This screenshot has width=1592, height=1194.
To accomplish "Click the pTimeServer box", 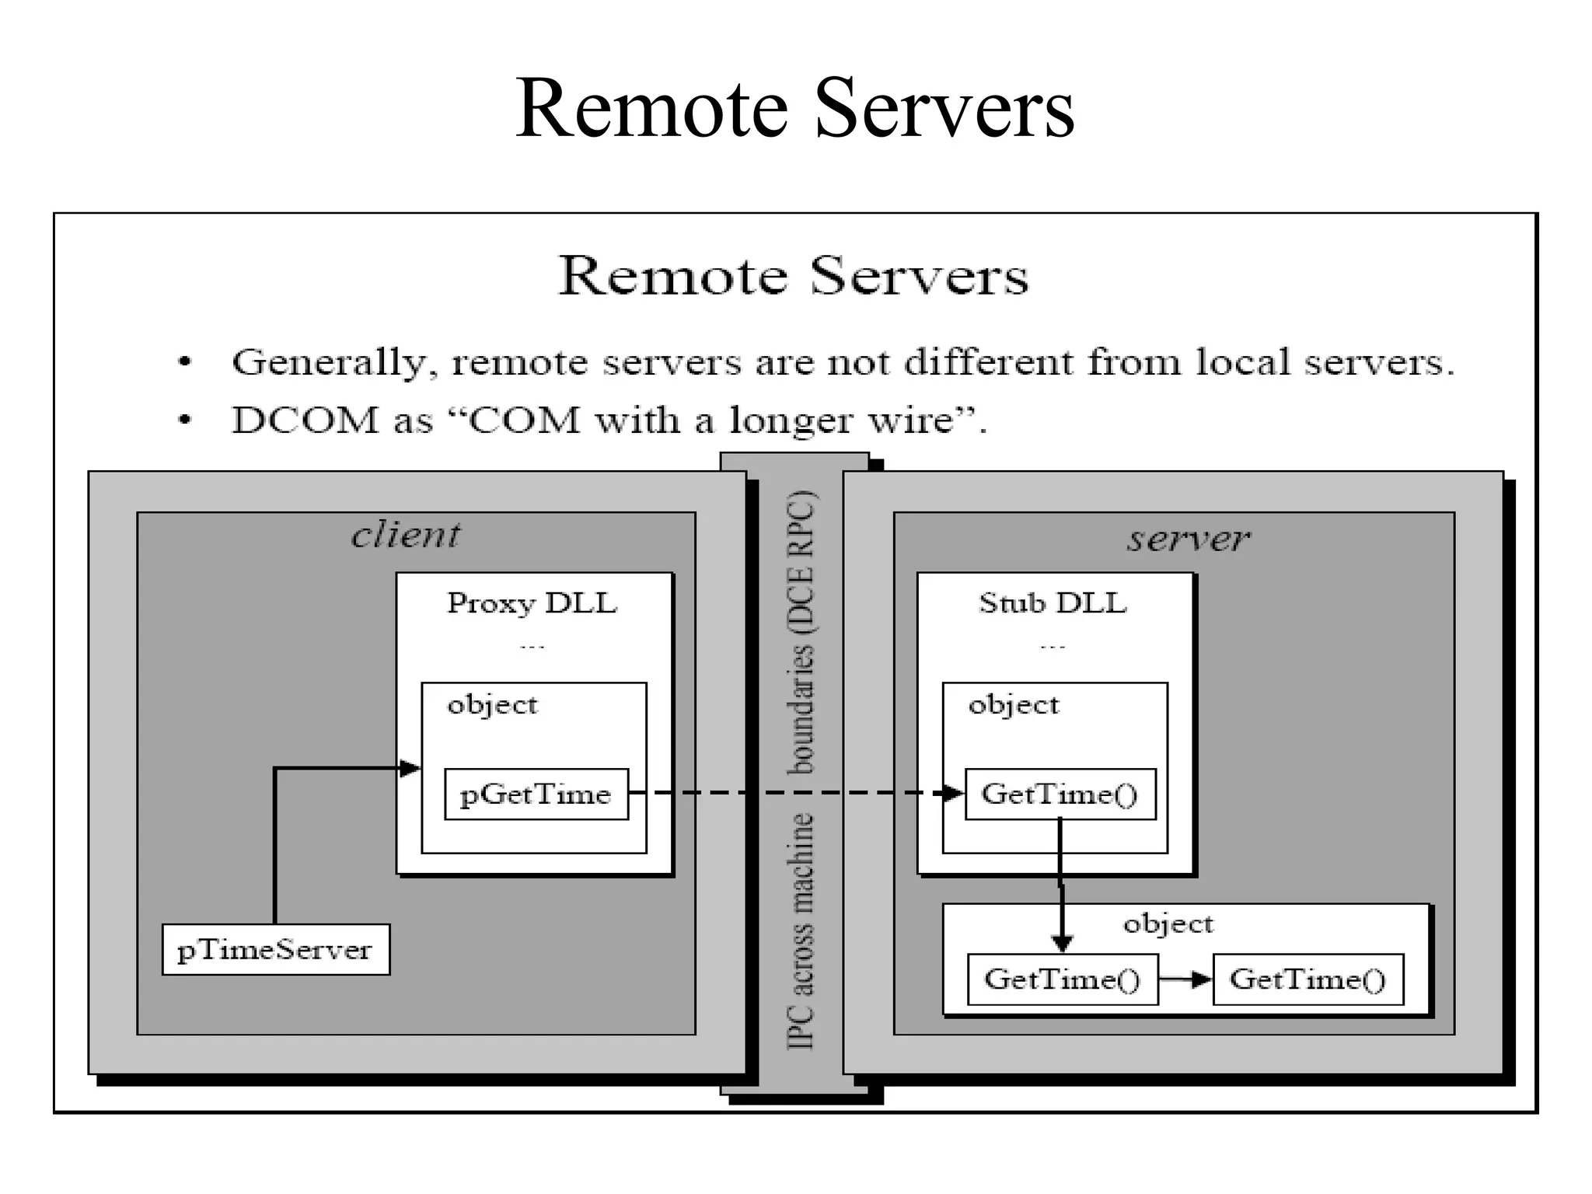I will coord(275,949).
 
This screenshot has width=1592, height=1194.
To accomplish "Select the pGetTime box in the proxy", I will coord(536,794).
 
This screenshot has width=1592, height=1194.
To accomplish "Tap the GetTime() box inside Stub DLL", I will coord(1060,794).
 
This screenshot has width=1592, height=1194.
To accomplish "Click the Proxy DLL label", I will coord(532,603).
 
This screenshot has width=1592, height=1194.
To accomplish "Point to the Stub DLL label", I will coord(1053,603).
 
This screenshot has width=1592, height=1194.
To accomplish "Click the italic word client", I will coord(406,535).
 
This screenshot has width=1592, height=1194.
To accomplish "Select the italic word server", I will coord(1189,538).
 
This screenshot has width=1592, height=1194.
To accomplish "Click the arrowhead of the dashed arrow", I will coord(953,793).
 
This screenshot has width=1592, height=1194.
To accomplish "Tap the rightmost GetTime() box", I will coord(1307,979).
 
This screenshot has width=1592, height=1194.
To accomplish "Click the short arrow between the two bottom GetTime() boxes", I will coord(1185,979).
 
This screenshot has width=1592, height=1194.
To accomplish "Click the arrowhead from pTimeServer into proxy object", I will coord(410,769).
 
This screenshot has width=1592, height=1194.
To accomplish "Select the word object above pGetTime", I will coord(492,705).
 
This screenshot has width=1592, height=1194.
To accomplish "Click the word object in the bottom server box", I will coord(1168,923).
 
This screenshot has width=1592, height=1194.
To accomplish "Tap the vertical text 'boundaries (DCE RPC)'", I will coord(801,632).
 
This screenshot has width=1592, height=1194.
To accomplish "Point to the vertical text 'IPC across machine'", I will coord(801,930).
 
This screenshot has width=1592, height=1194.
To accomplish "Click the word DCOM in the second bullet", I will coord(305,421).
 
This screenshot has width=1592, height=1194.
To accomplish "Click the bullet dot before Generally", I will coord(184,362).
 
